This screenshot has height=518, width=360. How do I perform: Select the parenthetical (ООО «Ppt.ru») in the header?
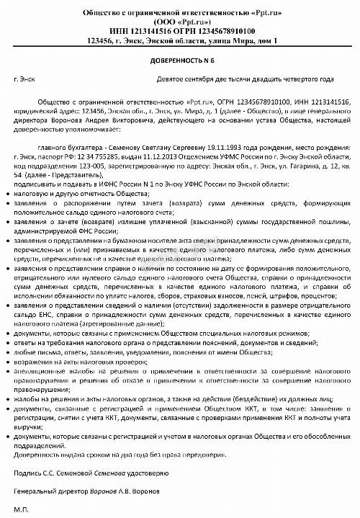coord(180,21)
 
